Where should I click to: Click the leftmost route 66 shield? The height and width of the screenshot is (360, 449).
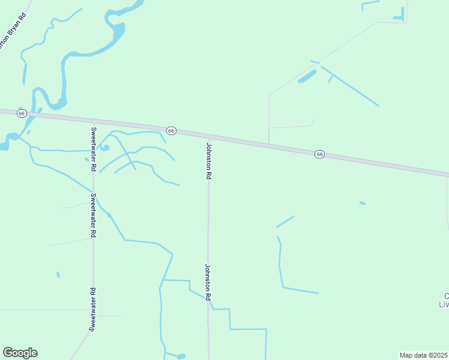(x=22, y=113)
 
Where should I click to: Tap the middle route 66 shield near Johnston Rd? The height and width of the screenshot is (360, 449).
(x=171, y=130)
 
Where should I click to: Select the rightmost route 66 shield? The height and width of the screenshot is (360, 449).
(x=319, y=154)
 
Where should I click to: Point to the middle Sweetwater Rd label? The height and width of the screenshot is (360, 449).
(x=93, y=214)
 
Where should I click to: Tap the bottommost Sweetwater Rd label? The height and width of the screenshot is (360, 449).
(x=93, y=310)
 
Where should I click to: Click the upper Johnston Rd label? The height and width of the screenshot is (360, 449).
(x=209, y=161)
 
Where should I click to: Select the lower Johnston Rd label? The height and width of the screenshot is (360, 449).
(x=208, y=282)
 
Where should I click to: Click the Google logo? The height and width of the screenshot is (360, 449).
(x=20, y=353)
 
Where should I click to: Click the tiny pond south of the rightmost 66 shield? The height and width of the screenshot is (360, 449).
(x=363, y=203)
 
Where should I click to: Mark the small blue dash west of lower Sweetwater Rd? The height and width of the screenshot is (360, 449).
(x=58, y=275)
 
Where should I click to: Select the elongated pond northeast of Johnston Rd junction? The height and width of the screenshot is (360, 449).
(x=307, y=76)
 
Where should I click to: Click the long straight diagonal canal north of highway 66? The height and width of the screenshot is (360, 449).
(x=351, y=86)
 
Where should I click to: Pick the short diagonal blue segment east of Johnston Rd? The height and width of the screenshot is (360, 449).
(x=285, y=221)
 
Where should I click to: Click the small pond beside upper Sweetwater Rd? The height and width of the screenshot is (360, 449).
(x=104, y=147)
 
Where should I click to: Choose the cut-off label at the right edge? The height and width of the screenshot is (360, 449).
(x=444, y=300)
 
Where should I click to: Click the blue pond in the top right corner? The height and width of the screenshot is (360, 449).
(x=399, y=17)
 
